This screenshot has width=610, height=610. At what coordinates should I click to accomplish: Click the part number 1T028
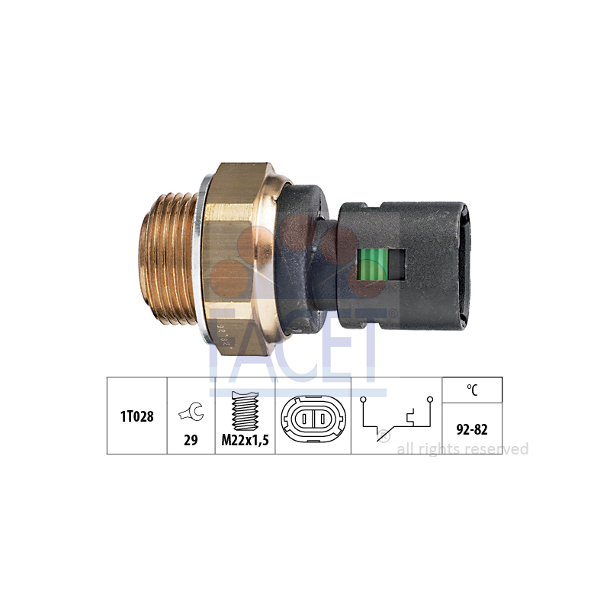tap(137, 416)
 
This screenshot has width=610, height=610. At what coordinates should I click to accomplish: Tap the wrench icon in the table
tap(191, 412)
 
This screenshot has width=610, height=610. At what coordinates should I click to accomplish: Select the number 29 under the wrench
tap(191, 440)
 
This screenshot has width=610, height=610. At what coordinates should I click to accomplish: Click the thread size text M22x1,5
tap(245, 440)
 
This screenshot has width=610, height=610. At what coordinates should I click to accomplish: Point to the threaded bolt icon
tap(245, 410)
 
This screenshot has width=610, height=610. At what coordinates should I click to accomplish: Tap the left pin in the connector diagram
tap(304, 419)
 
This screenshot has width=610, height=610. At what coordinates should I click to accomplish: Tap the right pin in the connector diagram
tap(323, 419)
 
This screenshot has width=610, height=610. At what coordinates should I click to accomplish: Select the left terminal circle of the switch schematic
tap(363, 400)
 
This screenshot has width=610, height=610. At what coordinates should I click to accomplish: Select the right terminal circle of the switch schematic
tap(430, 400)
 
